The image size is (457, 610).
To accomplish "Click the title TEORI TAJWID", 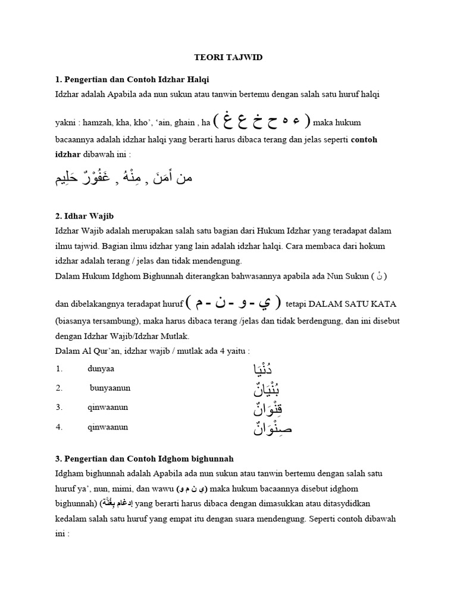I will (x=229, y=58).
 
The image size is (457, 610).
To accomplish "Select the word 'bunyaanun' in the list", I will (x=110, y=388).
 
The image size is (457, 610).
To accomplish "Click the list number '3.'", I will (x=60, y=407).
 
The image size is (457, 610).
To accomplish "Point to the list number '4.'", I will (x=60, y=427).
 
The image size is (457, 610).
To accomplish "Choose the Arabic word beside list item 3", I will (x=262, y=409).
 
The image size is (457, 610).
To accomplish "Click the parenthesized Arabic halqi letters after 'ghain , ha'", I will (x=262, y=121).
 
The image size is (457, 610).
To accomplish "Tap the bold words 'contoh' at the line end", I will (x=365, y=139).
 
